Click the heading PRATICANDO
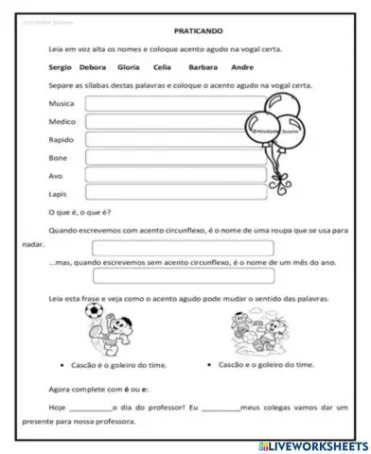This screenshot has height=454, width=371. [185, 30]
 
